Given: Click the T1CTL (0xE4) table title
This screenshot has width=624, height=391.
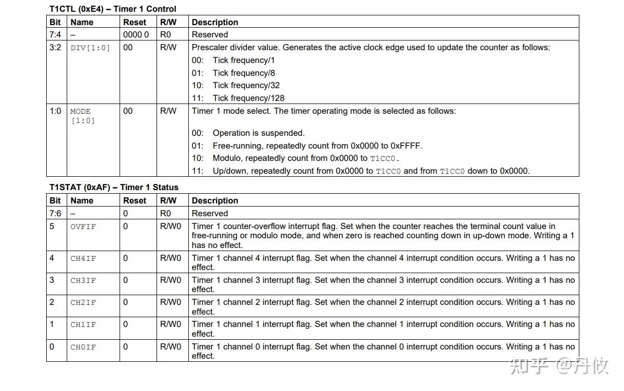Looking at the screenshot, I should coord(112,9).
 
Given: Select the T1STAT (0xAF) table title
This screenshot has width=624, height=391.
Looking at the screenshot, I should coord(113,187).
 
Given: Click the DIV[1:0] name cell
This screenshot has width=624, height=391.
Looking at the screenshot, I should coord(90,48).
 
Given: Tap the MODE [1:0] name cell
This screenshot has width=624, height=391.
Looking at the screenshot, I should coord(82,116).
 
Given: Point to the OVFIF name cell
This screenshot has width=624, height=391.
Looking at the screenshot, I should coord(83,227).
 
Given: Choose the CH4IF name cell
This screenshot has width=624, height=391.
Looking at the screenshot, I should coord(83,259).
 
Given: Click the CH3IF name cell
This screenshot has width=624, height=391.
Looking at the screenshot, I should coord(83,281).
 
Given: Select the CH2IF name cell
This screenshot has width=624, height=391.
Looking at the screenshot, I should coord(83,303).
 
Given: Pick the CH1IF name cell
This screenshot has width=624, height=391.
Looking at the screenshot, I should coord(83,325).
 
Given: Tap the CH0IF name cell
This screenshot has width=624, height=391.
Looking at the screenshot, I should coord(83,347).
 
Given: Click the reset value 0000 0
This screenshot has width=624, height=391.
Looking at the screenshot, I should coord(136,35).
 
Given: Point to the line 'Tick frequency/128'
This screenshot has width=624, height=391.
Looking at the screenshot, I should coord(248,98).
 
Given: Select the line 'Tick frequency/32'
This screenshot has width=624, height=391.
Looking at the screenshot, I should coord(246,85).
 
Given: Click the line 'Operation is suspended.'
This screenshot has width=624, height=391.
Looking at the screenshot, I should coord(258,133).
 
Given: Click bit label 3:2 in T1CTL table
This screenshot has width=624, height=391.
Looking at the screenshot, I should coord(55,48).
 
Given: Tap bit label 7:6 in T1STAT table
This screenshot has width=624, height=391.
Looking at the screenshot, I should coord(55,213).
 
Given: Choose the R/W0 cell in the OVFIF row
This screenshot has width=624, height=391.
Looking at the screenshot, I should coord(170,227).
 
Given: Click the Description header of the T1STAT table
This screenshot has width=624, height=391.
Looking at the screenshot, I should coord(215,200).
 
